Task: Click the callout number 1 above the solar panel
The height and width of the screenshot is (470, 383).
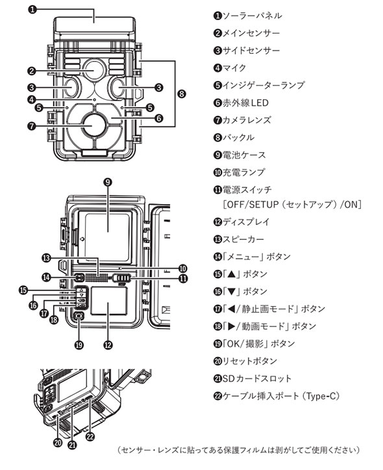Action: tap(32, 9)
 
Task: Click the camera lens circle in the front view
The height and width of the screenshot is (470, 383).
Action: tap(94, 125)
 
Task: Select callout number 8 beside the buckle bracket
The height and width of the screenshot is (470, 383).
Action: tap(182, 94)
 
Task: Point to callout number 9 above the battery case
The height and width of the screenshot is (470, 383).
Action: tap(108, 182)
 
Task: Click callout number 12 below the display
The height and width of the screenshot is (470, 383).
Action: tap(108, 345)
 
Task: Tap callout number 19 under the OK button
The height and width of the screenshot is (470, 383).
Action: tap(79, 345)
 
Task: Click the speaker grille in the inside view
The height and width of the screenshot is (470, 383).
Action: tap(96, 278)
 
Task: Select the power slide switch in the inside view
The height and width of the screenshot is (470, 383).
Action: tap(121, 278)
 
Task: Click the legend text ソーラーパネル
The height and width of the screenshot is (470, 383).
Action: tap(252, 16)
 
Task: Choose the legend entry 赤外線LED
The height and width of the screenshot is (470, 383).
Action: tap(245, 103)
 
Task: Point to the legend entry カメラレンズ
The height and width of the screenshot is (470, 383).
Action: tap(247, 120)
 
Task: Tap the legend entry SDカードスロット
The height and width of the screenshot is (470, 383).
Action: tap(257, 379)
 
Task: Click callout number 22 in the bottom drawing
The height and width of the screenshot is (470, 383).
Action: tap(90, 436)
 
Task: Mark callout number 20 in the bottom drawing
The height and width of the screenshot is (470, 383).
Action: tap(58, 442)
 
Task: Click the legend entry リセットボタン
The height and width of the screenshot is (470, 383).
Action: tap(249, 361)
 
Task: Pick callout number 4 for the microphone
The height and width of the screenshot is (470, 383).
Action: tap(32, 100)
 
